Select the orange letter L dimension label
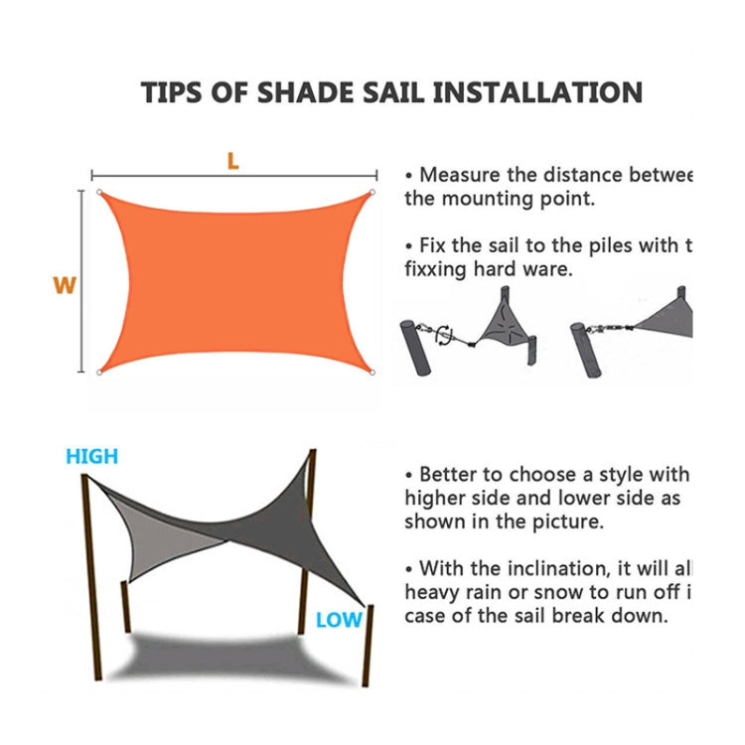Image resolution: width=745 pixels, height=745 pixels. [232, 161]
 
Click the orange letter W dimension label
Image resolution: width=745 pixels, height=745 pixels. [65, 285]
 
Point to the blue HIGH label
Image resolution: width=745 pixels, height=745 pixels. [91, 457]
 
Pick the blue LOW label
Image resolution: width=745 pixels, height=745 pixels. [339, 620]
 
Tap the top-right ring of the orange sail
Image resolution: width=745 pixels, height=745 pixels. [372, 193]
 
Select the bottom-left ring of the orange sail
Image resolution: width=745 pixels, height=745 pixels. [99, 372]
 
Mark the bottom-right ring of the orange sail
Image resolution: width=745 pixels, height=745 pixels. [372, 373]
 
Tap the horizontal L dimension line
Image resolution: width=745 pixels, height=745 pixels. [159, 173]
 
